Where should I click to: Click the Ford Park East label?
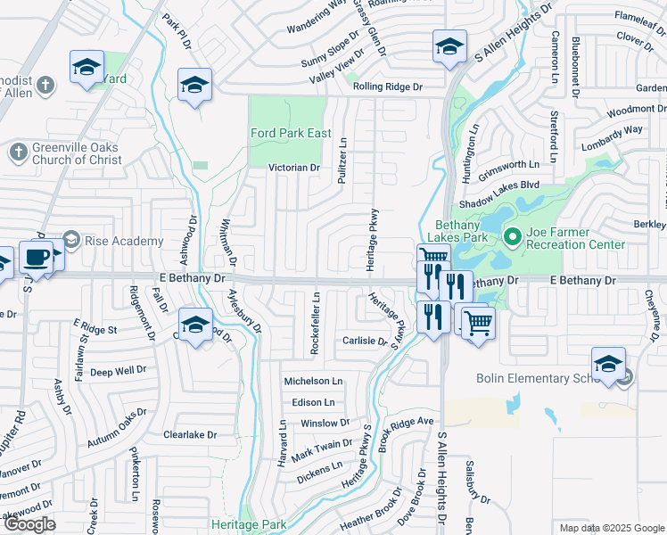[291, 134]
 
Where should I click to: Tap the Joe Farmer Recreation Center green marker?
[512, 237]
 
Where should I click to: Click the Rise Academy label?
[124, 241]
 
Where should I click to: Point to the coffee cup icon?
[36, 257]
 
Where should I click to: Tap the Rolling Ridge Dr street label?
[386, 86]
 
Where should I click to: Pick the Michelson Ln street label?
[313, 381]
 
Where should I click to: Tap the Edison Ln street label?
[311, 402]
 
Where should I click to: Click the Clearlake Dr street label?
[190, 435]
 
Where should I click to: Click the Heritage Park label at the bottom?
[250, 524]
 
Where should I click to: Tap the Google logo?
[29, 524]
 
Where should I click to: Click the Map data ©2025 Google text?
[611, 528]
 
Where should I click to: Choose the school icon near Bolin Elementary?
[608, 364]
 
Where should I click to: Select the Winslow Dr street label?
[325, 424]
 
